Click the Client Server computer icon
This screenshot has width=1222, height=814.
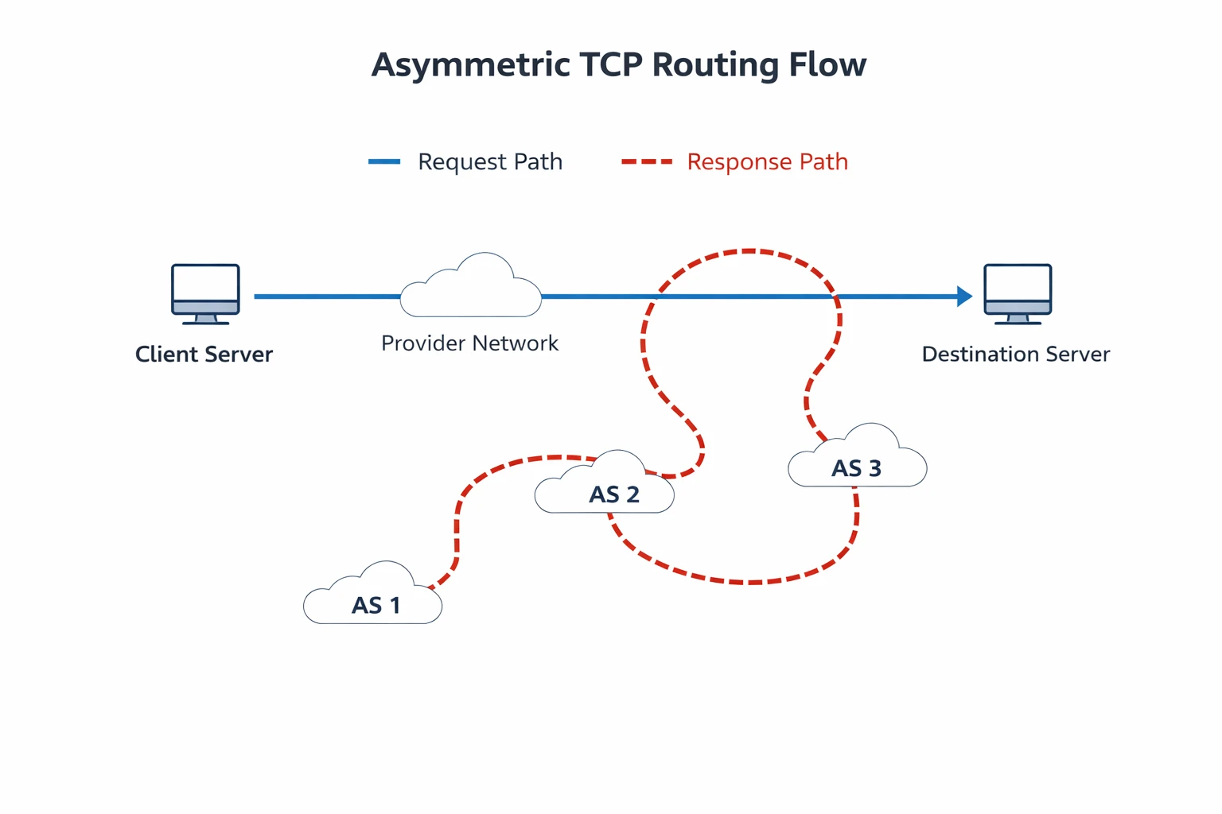click(205, 293)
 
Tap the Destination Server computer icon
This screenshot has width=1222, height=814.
click(1018, 293)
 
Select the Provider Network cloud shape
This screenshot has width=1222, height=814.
click(471, 289)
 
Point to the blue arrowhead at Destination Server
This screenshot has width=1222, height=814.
click(964, 297)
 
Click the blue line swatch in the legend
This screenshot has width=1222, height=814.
click(384, 162)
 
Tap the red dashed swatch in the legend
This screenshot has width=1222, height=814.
click(646, 162)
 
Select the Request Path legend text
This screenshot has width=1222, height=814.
click(490, 162)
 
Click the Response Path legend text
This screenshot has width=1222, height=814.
click(767, 162)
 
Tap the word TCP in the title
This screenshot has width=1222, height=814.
click(612, 65)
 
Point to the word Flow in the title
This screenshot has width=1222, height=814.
click(827, 65)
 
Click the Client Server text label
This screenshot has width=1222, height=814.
click(204, 355)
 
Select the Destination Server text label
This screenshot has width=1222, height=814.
click(1015, 355)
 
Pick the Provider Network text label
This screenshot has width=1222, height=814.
click(469, 343)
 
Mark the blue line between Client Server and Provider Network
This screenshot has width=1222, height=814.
click(326, 297)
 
